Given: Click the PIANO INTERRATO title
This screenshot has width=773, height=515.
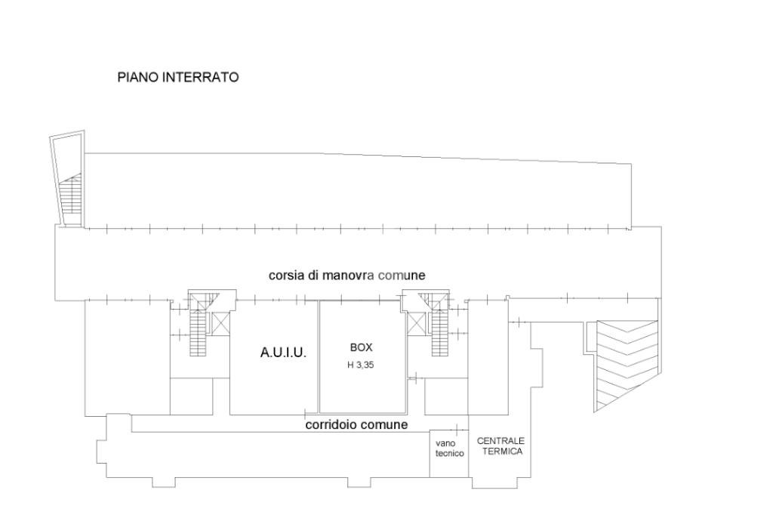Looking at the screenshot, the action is pos(178,78).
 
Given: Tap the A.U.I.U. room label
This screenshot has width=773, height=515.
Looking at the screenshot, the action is pos(284,353).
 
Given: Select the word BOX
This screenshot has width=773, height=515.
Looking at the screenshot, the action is pos(362,347).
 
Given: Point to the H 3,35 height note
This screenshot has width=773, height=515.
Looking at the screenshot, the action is pos(361,365).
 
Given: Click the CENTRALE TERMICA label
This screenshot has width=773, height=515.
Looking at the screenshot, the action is pos(501,446).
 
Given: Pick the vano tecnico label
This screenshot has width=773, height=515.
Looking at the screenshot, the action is pos(450,449).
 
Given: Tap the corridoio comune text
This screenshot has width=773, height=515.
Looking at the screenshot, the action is pos(356,424).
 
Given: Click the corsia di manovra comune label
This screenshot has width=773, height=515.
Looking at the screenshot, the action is pos(347,276).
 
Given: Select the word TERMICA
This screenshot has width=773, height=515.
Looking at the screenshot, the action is pos(502,451).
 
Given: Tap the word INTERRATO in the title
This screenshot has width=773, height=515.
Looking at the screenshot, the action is pos(201,78).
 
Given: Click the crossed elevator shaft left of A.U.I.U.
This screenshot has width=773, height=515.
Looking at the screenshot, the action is pos(220,324).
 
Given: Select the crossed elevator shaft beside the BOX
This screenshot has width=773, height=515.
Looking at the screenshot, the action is pos(416,324).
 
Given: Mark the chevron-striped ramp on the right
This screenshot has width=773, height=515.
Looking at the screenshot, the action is pos(627,365).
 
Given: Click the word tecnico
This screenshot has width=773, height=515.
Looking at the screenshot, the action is pos(450,453).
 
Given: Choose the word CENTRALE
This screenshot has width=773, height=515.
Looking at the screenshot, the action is pos(501,441).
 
